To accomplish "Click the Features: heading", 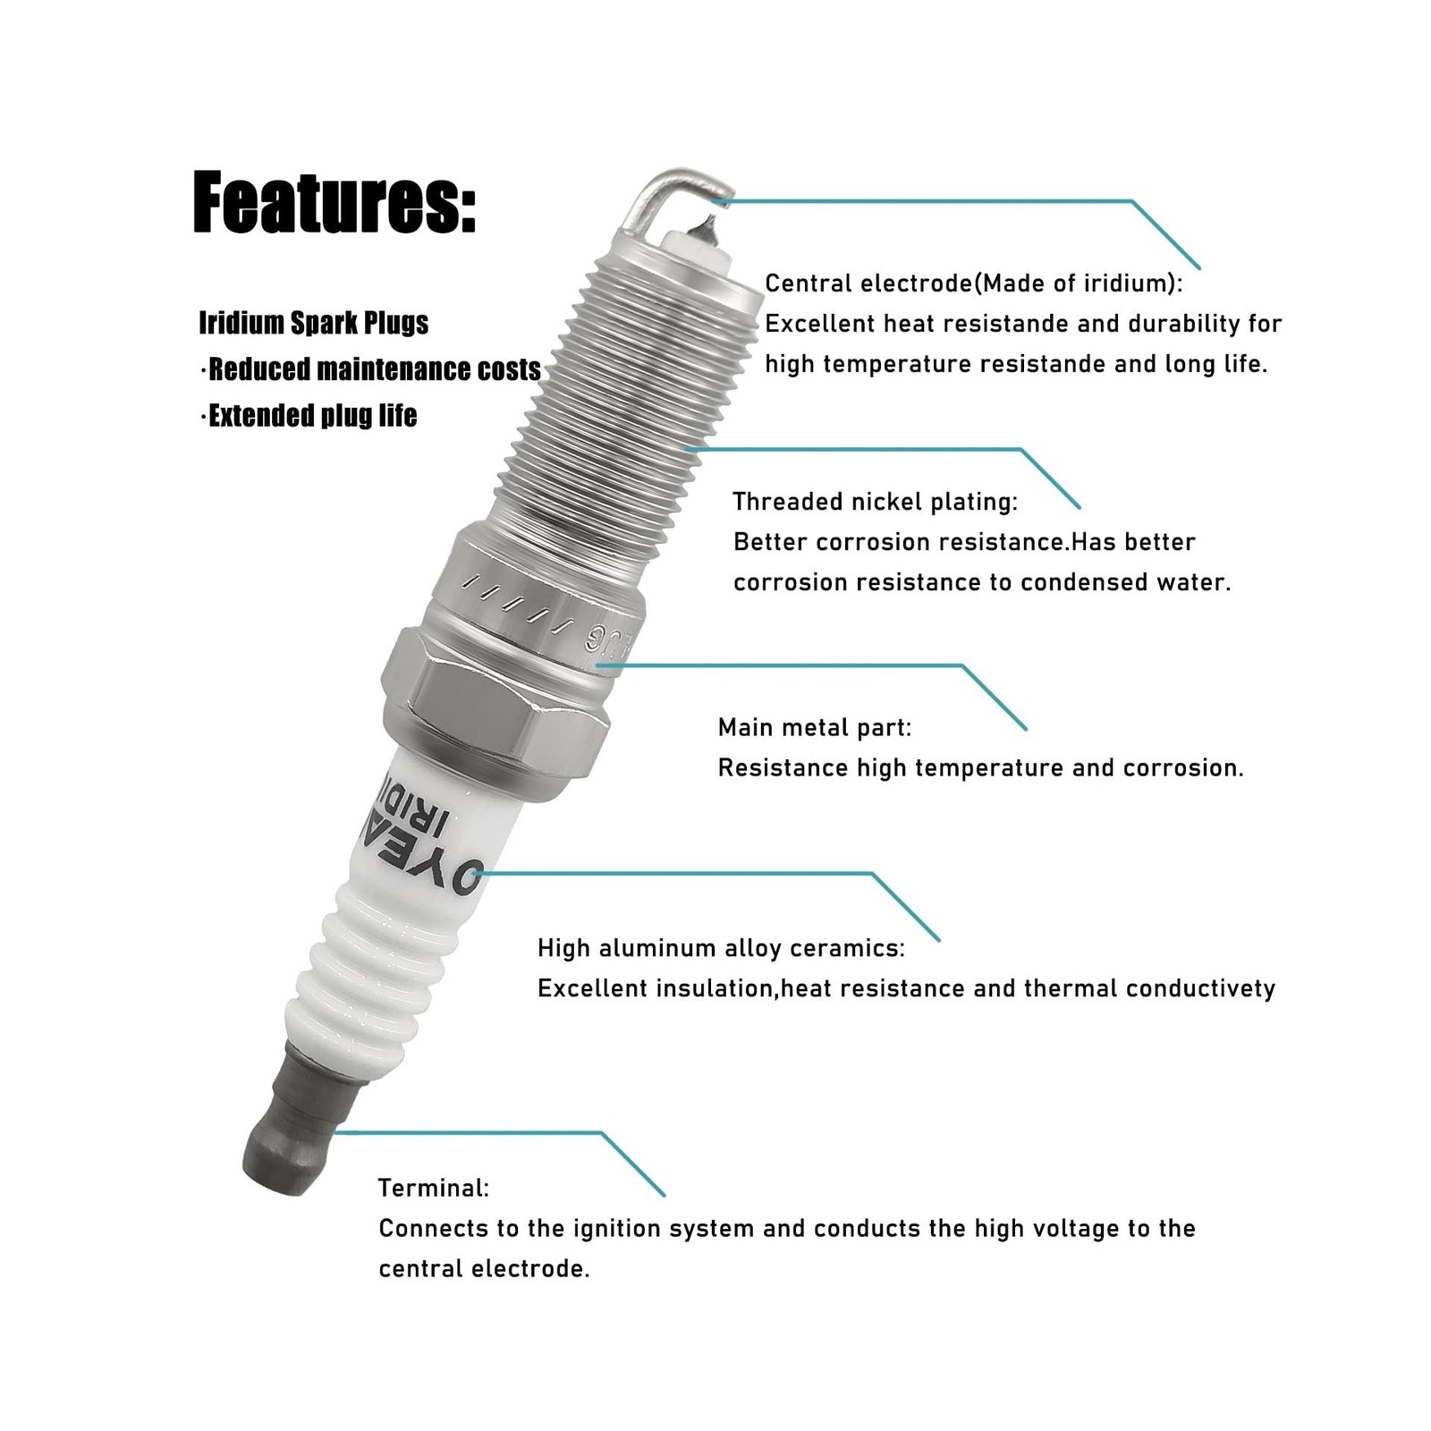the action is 334,203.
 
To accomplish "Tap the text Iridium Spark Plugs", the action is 314,323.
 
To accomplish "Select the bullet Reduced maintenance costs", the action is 370,369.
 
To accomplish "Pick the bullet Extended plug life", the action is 309,416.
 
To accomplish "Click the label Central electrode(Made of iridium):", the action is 974,284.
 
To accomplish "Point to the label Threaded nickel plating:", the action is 876,502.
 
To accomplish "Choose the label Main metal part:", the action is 815,727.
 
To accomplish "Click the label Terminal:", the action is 434,1188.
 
